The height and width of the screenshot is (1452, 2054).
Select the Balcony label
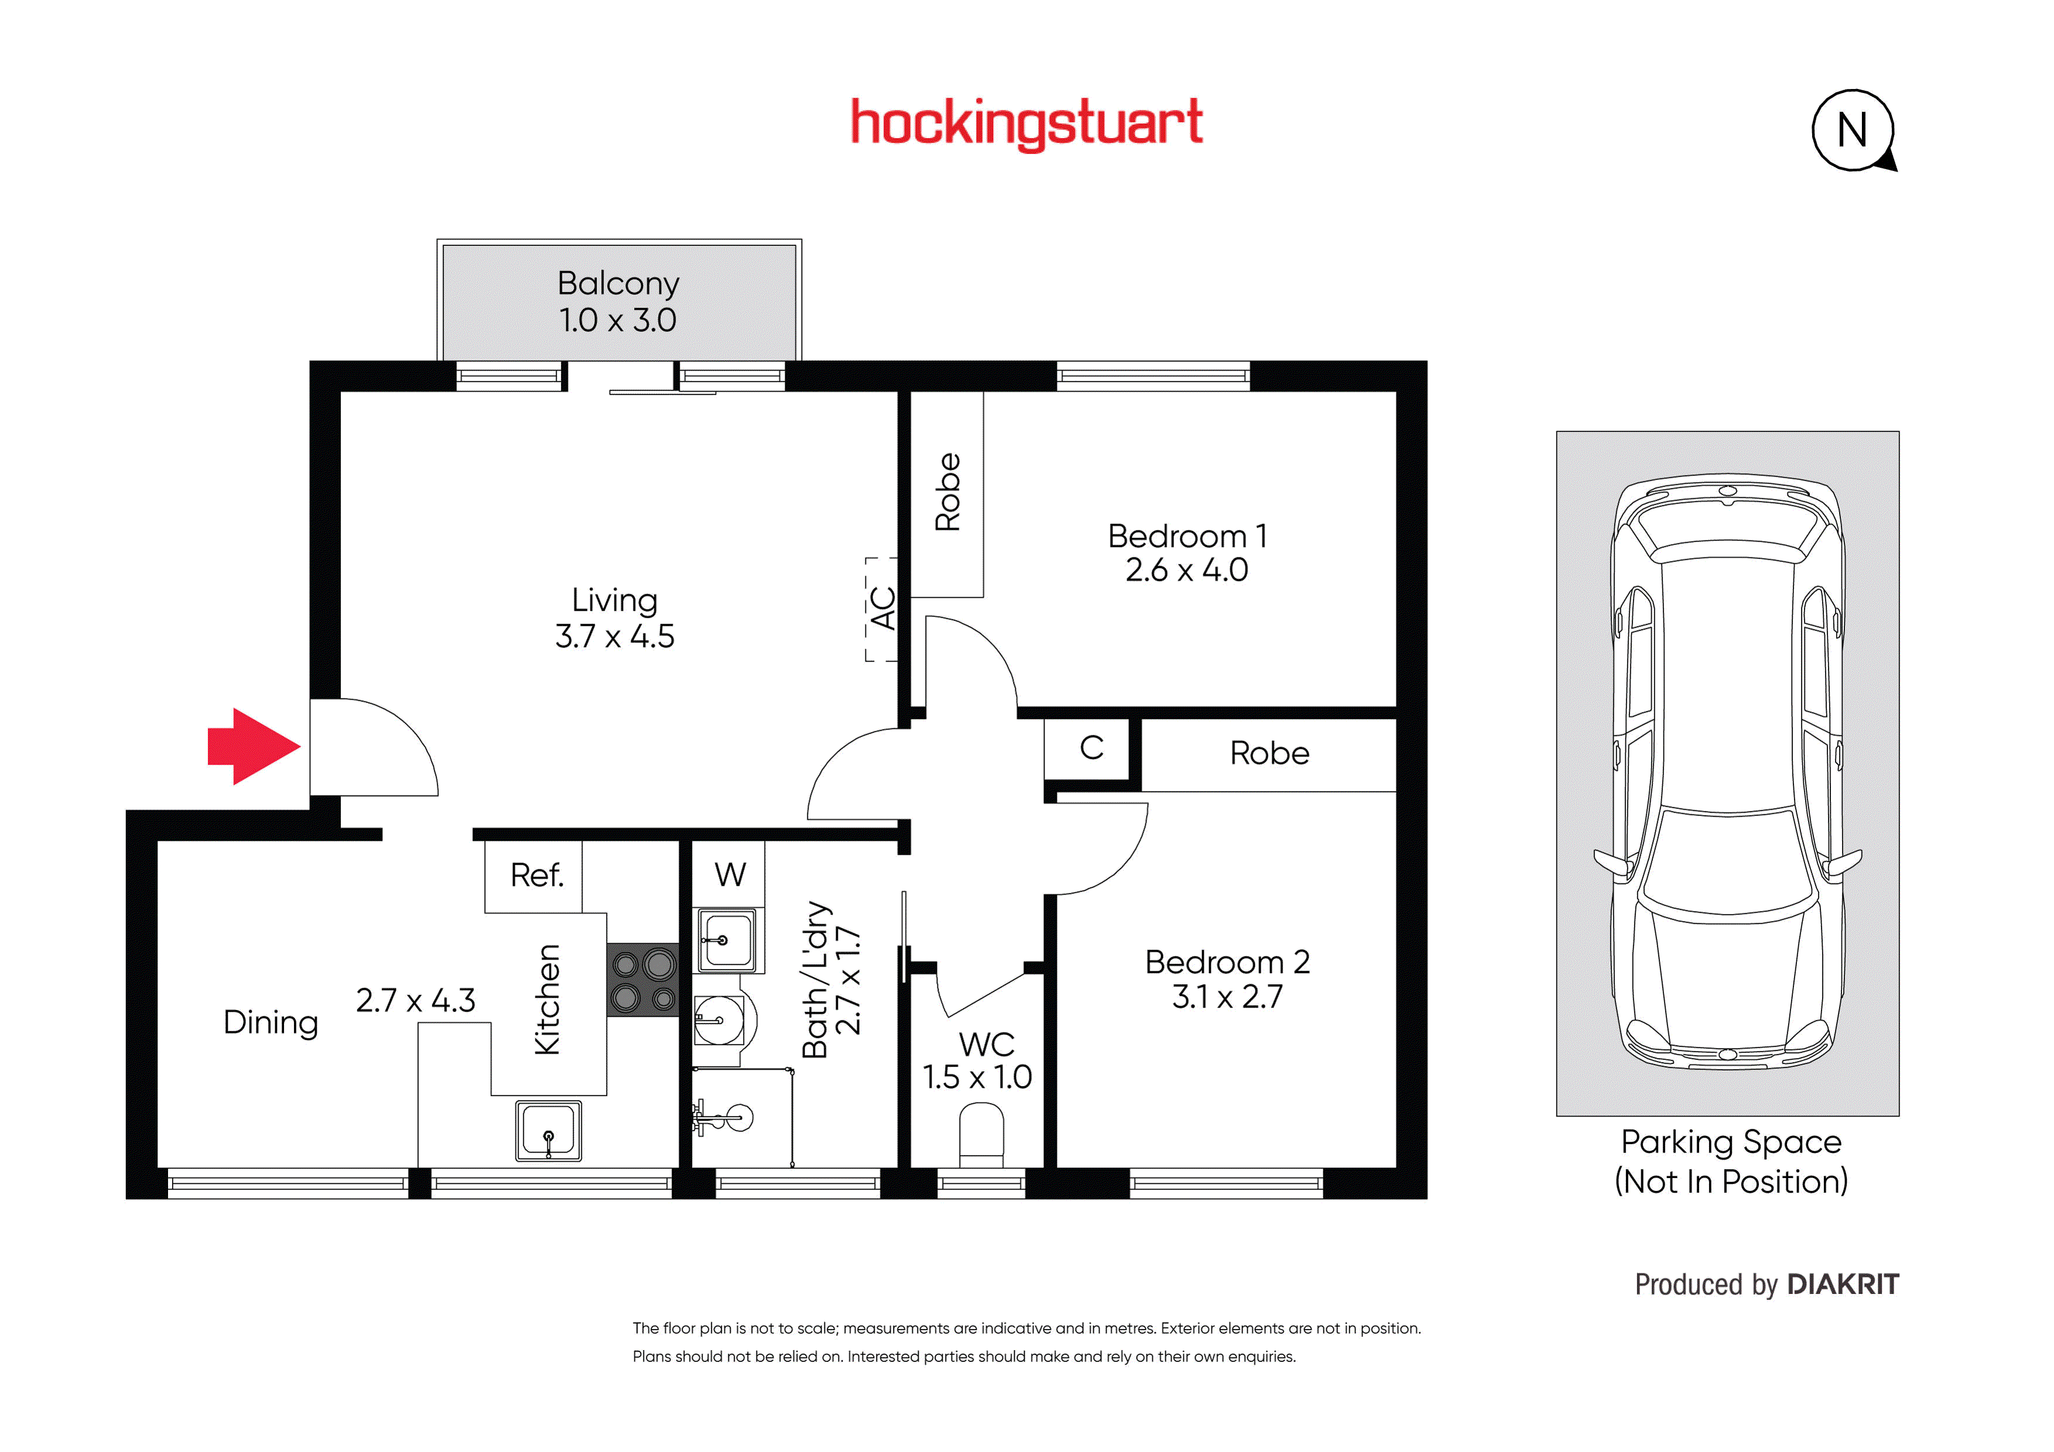pos(618,283)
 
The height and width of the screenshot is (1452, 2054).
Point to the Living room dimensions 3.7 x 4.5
pos(615,636)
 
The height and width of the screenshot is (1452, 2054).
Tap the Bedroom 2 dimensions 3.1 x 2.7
pos(1227,996)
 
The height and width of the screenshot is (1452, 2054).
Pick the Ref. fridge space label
pos(537,875)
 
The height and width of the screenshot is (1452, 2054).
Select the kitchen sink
pos(549,1131)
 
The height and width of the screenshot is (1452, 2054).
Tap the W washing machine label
pos(730,874)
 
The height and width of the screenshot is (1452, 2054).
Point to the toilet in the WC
pos(981,1136)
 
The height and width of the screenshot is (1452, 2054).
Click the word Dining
pos(271,1023)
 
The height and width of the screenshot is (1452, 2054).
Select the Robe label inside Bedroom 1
pos(947,492)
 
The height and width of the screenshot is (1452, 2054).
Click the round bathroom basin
pos(720,1020)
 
